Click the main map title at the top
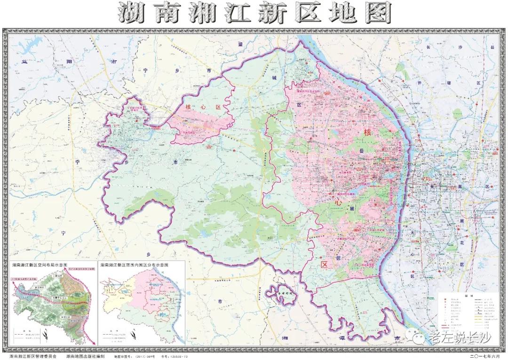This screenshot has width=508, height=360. [x=254, y=14]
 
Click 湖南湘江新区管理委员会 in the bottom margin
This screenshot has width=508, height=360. [x=33, y=356]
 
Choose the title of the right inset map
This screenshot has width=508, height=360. [x=134, y=265]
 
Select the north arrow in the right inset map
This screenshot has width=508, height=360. [x=135, y=335]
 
